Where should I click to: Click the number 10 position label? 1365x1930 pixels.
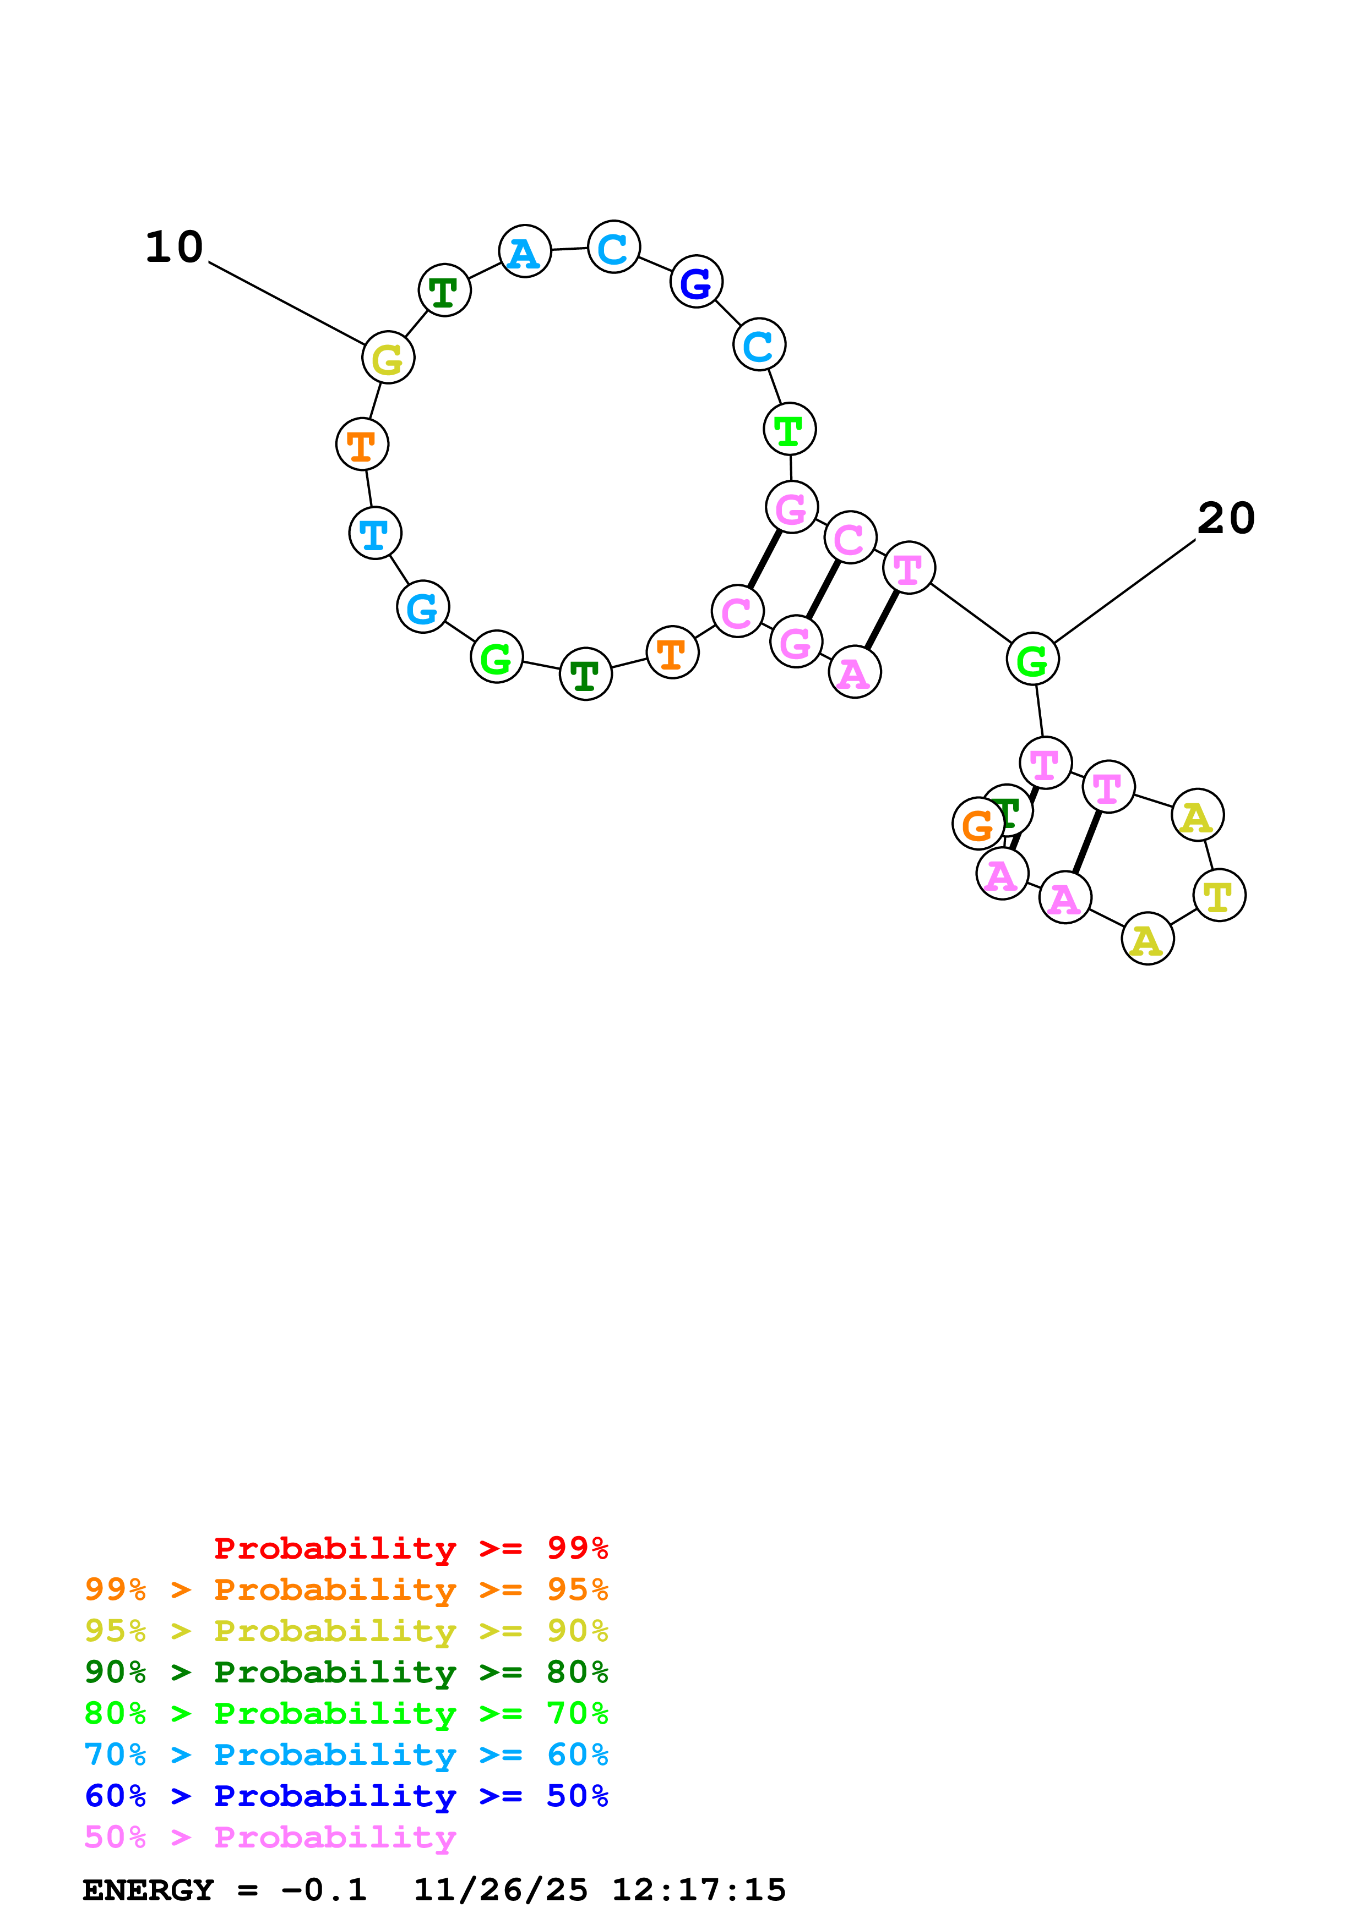174,247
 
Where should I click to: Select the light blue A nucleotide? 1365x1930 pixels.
525,251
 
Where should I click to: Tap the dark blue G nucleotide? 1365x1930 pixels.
697,282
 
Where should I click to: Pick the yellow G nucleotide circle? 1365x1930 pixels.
388,358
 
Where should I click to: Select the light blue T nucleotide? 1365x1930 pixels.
375,533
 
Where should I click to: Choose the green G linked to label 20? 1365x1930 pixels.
1032,660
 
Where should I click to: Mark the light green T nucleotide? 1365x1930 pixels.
789,430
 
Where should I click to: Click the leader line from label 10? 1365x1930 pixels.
286,304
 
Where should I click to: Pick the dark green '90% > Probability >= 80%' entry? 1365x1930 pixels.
346,1672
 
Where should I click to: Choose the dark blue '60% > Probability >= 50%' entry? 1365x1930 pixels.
346,1796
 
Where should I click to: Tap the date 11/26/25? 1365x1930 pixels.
501,1890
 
